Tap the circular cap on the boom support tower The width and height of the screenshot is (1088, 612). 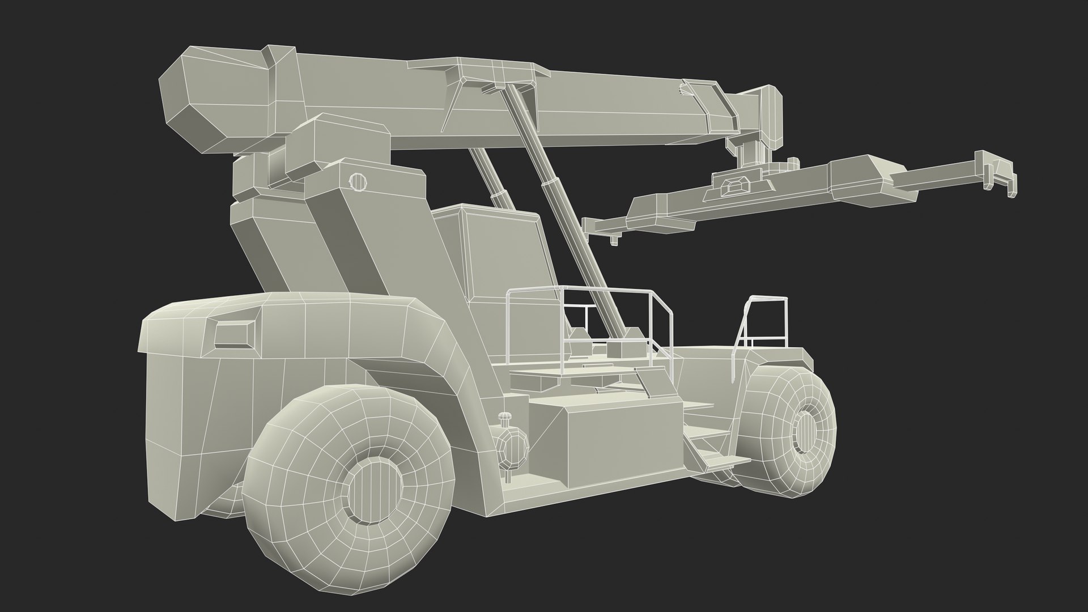[x=356, y=181]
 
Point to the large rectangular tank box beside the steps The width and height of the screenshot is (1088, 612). [x=603, y=436]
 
